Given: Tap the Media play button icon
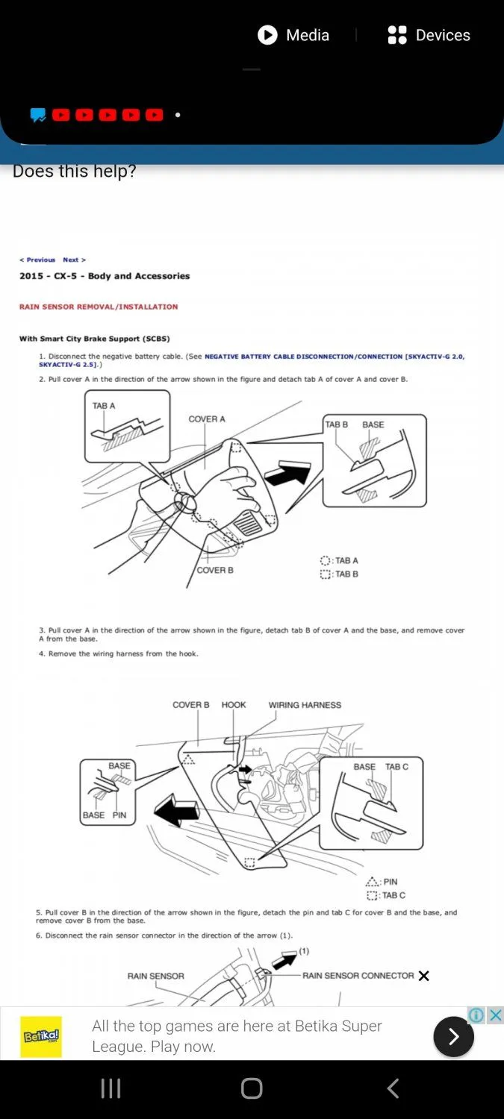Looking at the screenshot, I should tap(267, 35).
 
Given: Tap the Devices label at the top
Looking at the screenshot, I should tap(443, 35).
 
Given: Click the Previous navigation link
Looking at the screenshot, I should tap(37, 260).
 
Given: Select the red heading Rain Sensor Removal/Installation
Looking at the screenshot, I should tap(99, 307).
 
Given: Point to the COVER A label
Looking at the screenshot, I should tap(207, 419).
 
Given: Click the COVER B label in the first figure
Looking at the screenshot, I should tap(215, 570).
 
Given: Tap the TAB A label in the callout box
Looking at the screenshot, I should tap(104, 406).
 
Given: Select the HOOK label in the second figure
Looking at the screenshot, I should tap(234, 705).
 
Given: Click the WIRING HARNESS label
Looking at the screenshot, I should tap(305, 705).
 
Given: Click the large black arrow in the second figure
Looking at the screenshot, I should tap(176, 809).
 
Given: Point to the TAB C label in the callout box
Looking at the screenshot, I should tap(396, 767).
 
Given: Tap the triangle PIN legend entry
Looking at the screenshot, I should tap(382, 882).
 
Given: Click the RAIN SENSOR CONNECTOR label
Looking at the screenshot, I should tap(358, 976).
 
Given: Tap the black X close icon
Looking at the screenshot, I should tap(424, 976).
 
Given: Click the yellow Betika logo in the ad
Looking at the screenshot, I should tap(41, 1036).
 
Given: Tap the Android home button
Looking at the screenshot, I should tap(252, 1088).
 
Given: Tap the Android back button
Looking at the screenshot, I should tap(393, 1088).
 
